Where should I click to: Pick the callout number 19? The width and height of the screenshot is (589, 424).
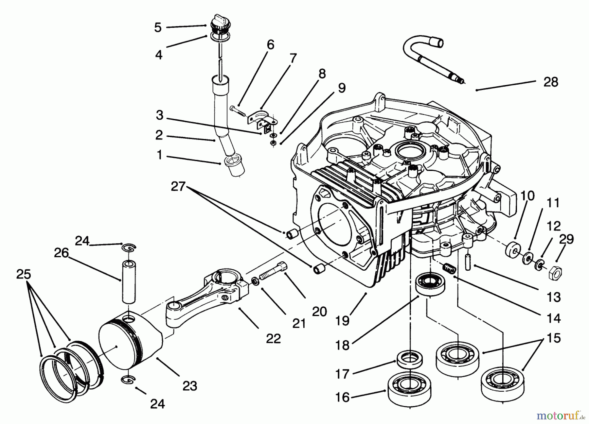pos(343,321)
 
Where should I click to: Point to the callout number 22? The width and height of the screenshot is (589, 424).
pos(273,339)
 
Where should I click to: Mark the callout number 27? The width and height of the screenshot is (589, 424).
pos(178,187)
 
